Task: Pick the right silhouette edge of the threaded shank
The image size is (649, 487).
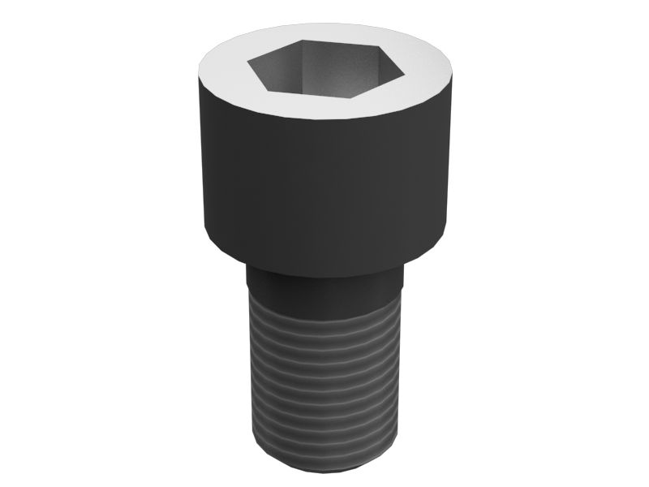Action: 401,365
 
